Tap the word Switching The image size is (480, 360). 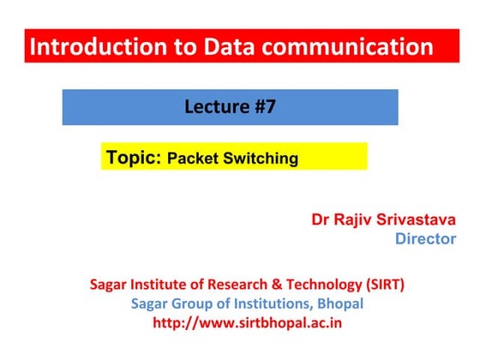point(262,159)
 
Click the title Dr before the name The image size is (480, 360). point(320,220)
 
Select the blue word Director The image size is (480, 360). point(425,239)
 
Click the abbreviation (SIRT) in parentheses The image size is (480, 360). point(381,285)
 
